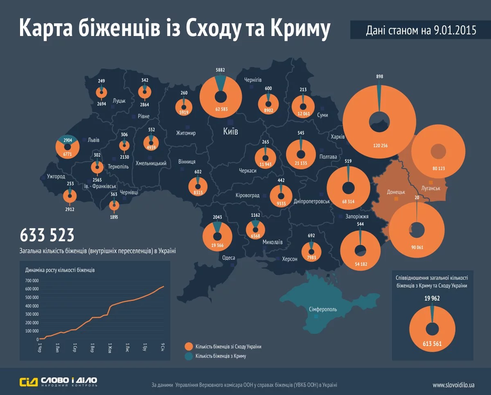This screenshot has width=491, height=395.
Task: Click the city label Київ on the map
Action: coord(230,132)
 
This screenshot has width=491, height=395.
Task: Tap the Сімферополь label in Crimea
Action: coord(323,309)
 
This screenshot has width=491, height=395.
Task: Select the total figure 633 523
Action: coord(47,236)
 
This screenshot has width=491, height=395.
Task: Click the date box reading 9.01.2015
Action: coord(421,30)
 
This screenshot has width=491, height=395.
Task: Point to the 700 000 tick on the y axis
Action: coord(32,281)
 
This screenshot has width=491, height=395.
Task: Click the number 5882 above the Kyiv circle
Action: coord(221,70)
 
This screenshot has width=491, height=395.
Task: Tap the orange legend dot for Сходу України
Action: coord(189,346)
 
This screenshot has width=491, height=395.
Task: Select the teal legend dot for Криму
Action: coord(189,356)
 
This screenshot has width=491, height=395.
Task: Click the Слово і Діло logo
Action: coord(59,382)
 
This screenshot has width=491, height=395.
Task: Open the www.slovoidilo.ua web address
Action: coord(453,385)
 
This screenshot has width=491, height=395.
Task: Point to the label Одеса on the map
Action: coord(228,257)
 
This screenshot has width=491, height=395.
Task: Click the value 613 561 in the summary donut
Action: coord(432,343)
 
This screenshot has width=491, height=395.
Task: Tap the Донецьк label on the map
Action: coord(396,191)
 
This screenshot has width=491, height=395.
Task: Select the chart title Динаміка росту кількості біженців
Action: coord(60,270)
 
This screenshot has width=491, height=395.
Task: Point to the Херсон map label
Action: coord(289,258)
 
